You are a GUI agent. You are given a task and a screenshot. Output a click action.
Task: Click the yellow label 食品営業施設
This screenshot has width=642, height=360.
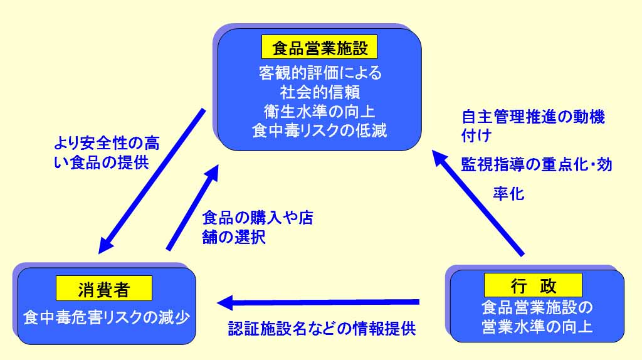click(x=319, y=47)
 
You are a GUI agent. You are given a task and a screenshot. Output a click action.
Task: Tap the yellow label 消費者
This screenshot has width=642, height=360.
click(x=104, y=289)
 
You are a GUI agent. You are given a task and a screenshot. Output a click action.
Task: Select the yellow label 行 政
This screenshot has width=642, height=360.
click(x=533, y=285)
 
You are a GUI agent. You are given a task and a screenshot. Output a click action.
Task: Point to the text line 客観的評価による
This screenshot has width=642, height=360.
click(x=320, y=73)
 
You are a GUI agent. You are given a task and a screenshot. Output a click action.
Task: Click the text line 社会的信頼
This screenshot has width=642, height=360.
click(x=320, y=92)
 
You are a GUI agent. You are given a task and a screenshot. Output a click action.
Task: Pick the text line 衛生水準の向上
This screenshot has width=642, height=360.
click(x=320, y=112)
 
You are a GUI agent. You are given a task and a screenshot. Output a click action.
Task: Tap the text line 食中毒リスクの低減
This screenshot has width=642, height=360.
click(x=320, y=130)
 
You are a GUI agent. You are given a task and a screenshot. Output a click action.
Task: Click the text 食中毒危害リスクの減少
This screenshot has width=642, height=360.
click(x=107, y=317)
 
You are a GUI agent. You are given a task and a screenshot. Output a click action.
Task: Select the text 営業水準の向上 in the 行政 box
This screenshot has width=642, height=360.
click(x=537, y=326)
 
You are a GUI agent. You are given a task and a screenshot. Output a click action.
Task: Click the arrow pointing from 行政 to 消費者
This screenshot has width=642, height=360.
click(x=318, y=303)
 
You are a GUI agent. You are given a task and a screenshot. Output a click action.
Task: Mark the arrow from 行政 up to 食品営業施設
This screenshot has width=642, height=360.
click(x=478, y=203)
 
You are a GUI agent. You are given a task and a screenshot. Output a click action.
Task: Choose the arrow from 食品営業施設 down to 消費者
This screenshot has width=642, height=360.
click(x=152, y=181)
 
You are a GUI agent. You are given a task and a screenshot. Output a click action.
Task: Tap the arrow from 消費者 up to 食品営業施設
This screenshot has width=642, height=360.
click(x=192, y=208)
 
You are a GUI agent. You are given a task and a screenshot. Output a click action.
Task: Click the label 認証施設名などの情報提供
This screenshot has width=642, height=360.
click(x=322, y=329)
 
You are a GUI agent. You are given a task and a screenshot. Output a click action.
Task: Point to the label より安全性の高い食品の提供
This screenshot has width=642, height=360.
click(x=107, y=153)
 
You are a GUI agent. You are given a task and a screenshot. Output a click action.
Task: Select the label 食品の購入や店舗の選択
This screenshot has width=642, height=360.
click(x=258, y=227)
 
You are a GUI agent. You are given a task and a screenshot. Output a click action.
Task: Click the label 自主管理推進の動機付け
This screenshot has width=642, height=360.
click(x=533, y=125)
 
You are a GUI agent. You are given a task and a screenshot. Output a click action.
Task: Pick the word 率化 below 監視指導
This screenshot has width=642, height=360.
click(x=508, y=193)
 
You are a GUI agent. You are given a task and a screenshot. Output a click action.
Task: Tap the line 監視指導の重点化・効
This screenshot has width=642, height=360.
click(x=537, y=165)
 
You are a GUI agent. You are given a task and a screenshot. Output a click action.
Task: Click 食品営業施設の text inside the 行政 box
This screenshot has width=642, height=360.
click(x=537, y=307)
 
